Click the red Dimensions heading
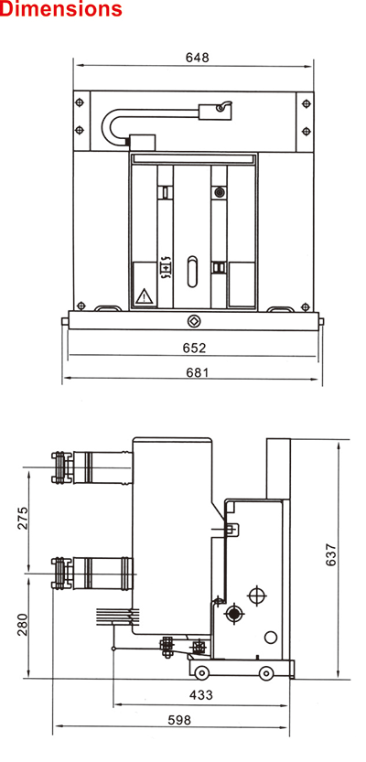(x=60, y=8)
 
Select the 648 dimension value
(x=198, y=58)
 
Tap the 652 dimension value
(x=194, y=348)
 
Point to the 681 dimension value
(x=198, y=372)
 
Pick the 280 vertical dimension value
(x=23, y=624)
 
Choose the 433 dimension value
(x=200, y=695)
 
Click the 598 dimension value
(x=179, y=720)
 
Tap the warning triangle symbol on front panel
(x=145, y=296)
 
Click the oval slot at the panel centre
(x=192, y=271)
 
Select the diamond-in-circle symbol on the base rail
(x=193, y=321)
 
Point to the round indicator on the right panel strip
(x=220, y=192)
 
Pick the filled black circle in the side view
(x=235, y=614)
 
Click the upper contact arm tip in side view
(x=59, y=467)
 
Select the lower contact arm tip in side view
(x=59, y=574)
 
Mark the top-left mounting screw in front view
(x=80, y=103)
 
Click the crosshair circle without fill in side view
(x=257, y=596)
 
